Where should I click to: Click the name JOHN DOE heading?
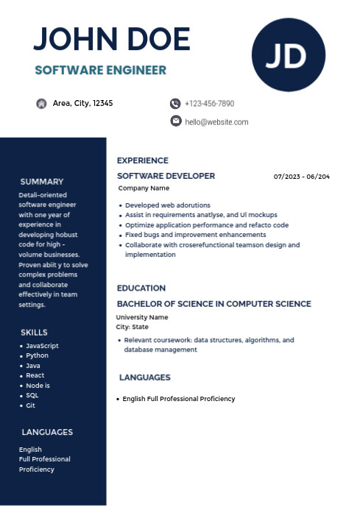(112, 39)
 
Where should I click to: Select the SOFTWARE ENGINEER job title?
(101, 70)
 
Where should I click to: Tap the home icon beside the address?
(42, 104)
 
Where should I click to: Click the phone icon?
(175, 104)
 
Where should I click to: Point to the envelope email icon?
(176, 121)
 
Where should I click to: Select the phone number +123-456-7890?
(209, 104)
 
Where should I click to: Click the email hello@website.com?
(216, 121)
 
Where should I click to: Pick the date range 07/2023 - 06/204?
(302, 177)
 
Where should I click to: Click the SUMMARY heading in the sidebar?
(42, 181)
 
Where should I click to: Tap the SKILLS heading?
(34, 332)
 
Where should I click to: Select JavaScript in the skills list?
(42, 346)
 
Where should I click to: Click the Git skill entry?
(30, 405)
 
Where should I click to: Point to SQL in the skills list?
(32, 395)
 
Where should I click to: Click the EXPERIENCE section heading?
(143, 160)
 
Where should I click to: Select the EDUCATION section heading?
(141, 288)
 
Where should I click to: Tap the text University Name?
(142, 317)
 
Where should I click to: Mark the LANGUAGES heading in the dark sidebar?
(47, 432)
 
